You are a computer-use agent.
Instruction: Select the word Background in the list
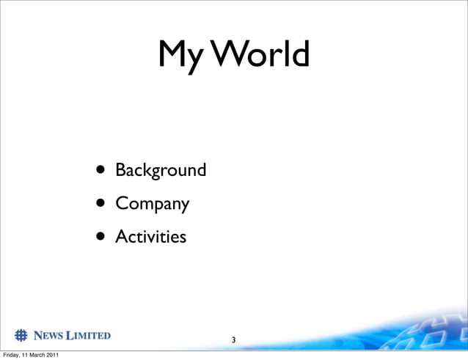pyautogui.click(x=161, y=171)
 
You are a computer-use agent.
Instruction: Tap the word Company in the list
pyautogui.click(x=152, y=205)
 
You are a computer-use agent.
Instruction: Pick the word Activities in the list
pyautogui.click(x=150, y=237)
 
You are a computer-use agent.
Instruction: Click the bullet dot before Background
pyautogui.click(x=98, y=171)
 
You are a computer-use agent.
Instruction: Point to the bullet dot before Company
pyautogui.click(x=98, y=204)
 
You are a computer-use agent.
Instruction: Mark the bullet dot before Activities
pyautogui.click(x=98, y=237)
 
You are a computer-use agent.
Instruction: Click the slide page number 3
pyautogui.click(x=233, y=340)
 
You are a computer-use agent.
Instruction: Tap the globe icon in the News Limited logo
pyautogui.click(x=21, y=336)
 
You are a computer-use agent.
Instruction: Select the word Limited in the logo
pyautogui.click(x=88, y=336)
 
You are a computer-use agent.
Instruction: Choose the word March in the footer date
pyautogui.click(x=36, y=356)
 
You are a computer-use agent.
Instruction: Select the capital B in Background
pyautogui.click(x=120, y=170)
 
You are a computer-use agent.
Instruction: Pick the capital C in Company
pyautogui.click(x=121, y=204)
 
